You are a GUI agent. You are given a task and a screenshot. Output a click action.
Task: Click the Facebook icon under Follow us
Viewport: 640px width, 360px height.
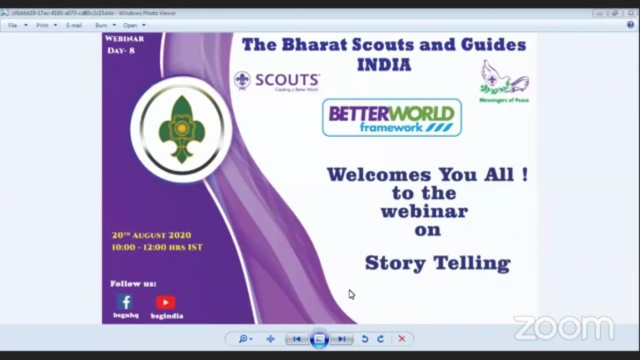tap(125, 302)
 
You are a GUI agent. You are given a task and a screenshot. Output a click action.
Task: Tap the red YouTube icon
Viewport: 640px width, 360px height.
tap(166, 302)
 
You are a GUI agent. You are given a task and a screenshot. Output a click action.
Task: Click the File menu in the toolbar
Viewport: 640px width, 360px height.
tap(13, 25)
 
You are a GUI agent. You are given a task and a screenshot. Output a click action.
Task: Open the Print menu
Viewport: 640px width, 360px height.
tap(43, 25)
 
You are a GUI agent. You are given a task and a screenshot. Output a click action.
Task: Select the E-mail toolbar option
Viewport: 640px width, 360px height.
tap(74, 25)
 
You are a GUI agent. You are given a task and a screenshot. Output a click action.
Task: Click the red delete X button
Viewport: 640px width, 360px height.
tap(402, 339)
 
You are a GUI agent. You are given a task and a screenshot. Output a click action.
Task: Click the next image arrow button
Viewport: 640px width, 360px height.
tap(341, 339)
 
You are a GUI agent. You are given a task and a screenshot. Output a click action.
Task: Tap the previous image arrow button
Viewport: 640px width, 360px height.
tap(297, 339)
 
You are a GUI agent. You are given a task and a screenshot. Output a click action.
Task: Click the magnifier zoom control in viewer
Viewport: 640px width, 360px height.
tap(244, 339)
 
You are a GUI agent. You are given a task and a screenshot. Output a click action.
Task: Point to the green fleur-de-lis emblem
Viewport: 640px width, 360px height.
tap(181, 130)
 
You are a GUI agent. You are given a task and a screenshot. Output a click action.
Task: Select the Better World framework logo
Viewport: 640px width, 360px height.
tap(391, 118)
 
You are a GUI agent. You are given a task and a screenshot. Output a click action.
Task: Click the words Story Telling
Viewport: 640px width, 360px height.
tap(437, 263)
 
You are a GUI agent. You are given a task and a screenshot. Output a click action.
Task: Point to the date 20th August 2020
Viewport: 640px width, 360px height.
tap(151, 235)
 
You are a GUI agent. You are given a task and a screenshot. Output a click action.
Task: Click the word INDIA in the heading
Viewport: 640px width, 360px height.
tap(384, 65)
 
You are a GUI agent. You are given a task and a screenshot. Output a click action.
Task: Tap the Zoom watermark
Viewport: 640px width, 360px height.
tap(564, 327)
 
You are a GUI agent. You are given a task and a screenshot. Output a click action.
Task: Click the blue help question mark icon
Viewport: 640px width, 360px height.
tap(630, 25)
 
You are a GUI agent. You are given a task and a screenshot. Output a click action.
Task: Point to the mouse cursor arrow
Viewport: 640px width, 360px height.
tap(351, 294)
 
